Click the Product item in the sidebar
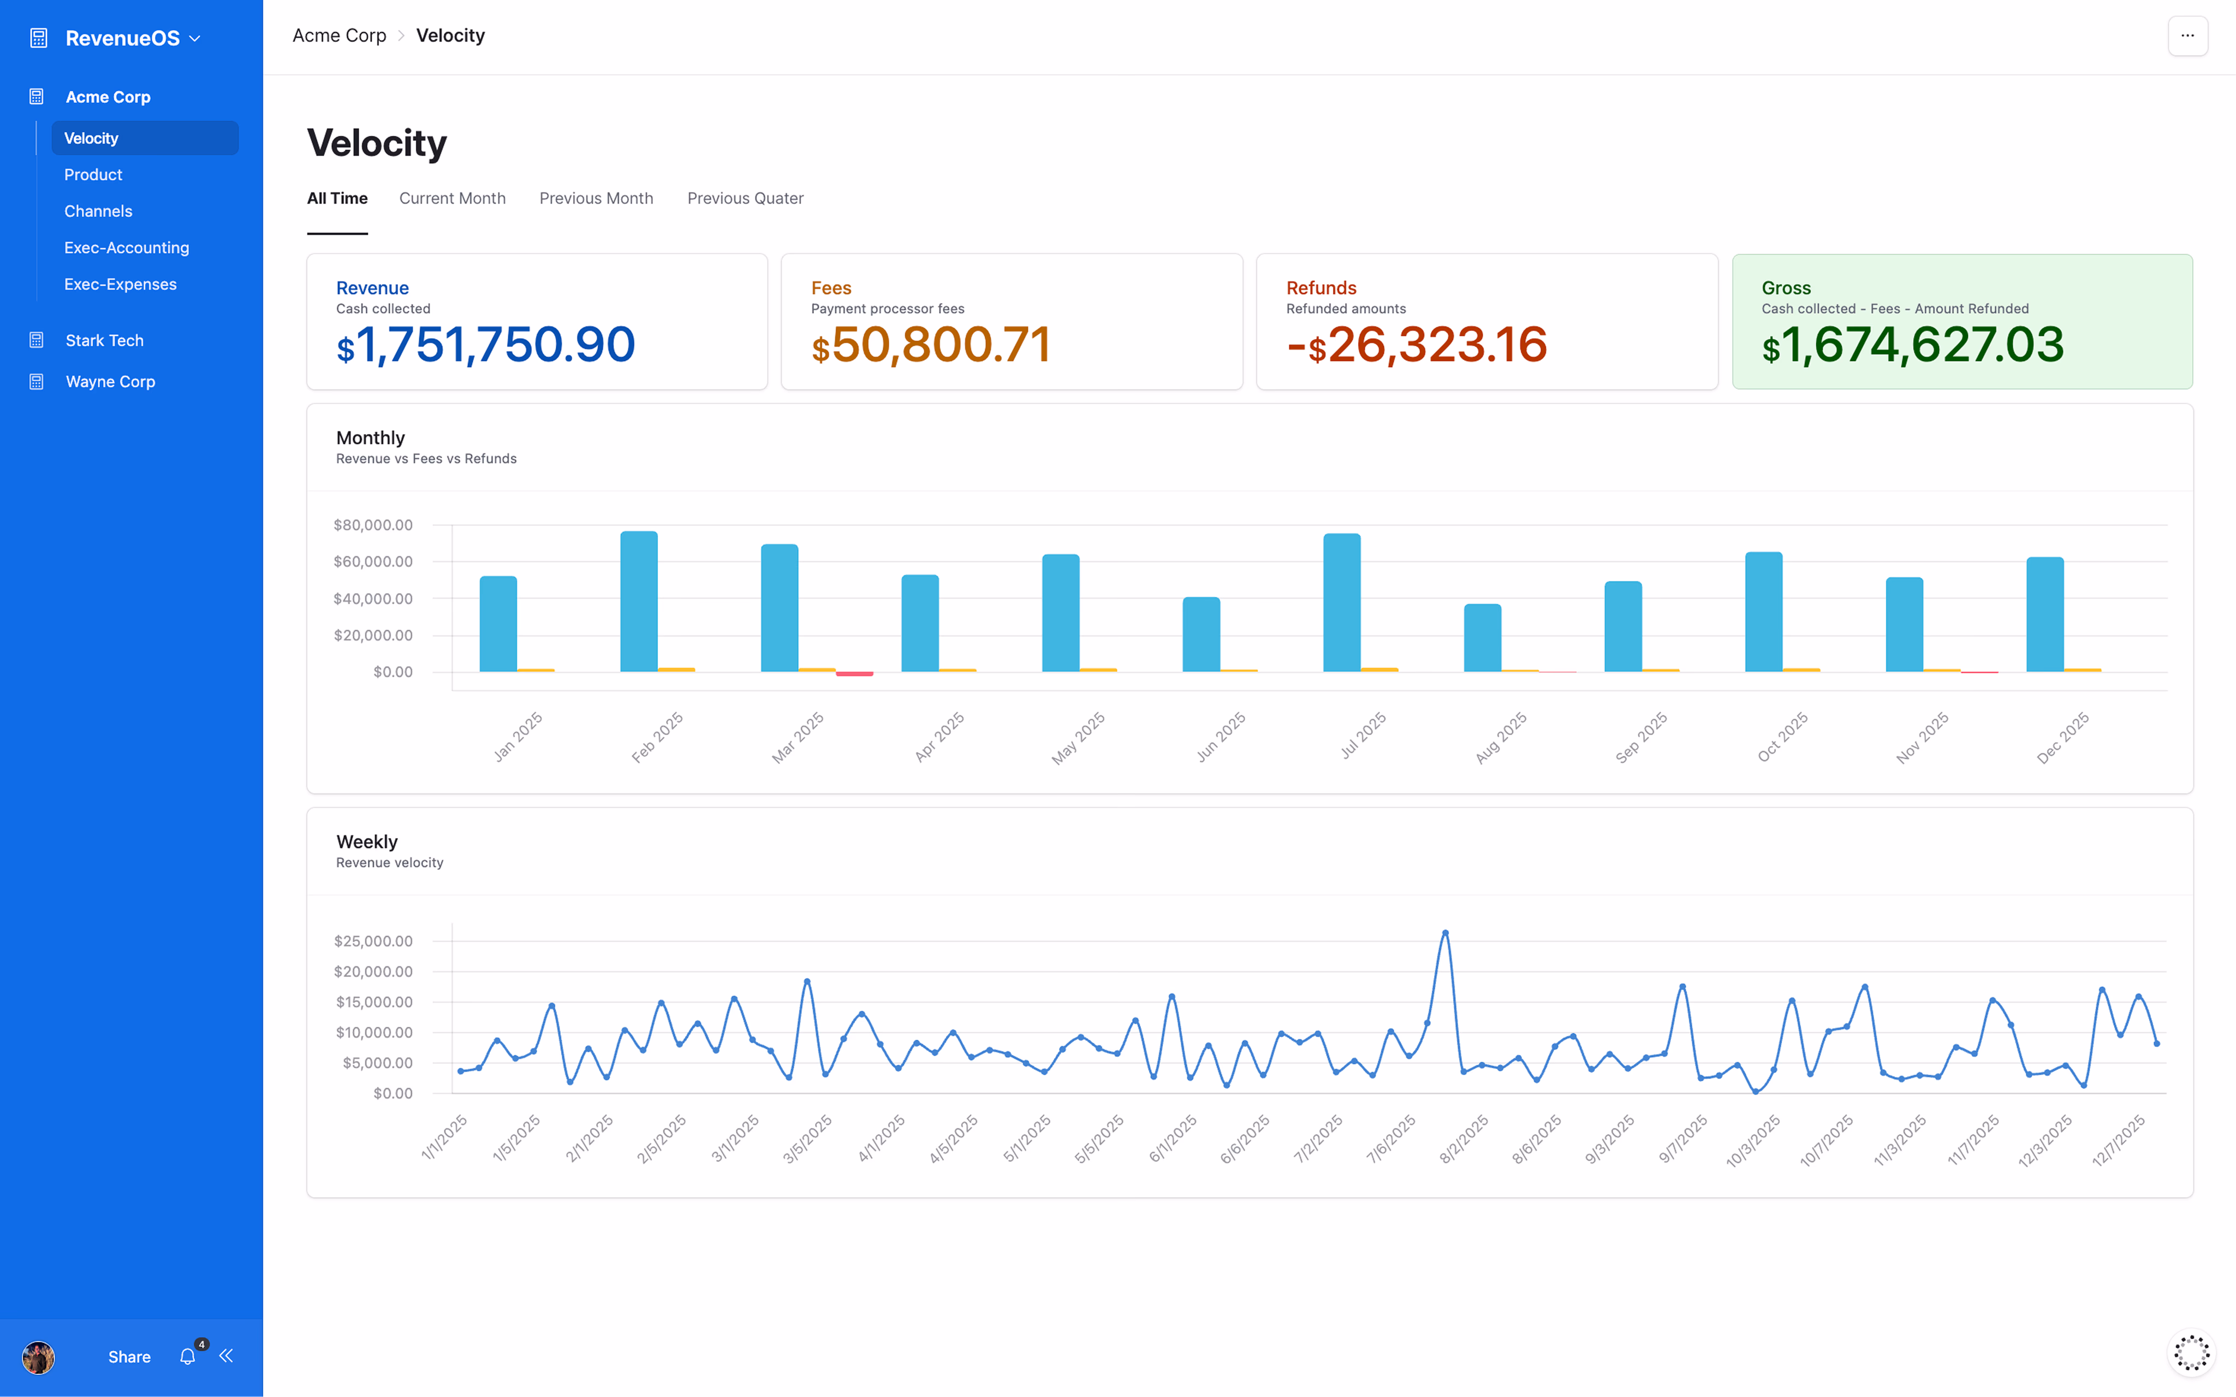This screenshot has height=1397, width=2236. click(93, 175)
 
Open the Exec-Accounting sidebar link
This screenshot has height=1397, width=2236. click(127, 247)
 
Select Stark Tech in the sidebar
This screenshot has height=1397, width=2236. click(104, 340)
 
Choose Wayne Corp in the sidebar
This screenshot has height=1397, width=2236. click(110, 382)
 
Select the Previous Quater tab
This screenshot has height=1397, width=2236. click(745, 199)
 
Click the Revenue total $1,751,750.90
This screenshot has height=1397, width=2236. click(486, 345)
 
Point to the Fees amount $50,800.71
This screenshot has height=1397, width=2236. click(931, 345)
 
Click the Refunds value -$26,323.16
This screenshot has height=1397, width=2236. click(1417, 345)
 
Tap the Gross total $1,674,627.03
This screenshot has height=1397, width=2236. click(1913, 345)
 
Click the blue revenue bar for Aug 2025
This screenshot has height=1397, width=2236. click(1482, 637)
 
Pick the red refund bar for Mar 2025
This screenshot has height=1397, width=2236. click(854, 673)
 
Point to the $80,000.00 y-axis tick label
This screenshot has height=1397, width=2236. click(373, 525)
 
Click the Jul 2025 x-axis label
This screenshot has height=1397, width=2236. click(1363, 736)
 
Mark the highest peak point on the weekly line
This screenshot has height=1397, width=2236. click(1446, 933)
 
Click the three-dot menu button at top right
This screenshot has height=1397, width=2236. click(2187, 36)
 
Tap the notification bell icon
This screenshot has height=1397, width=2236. click(187, 1357)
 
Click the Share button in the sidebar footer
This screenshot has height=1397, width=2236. click(129, 1357)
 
